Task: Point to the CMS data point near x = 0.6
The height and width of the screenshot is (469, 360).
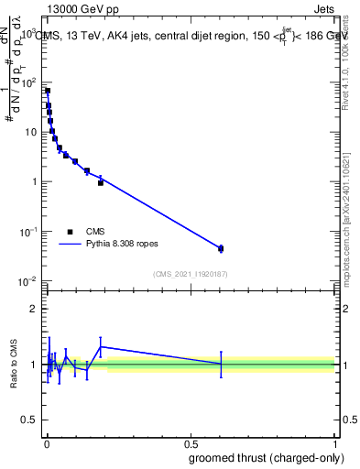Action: point(221,248)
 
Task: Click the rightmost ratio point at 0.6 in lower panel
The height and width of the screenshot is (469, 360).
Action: point(221,364)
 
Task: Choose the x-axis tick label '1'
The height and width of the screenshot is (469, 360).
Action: point(336,444)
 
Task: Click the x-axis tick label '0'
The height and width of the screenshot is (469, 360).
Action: point(46,444)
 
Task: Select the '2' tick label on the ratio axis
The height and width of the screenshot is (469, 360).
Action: point(34,309)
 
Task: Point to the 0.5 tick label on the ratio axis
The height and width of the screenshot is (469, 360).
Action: point(28,421)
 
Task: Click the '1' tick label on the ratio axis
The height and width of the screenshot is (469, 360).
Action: point(34,365)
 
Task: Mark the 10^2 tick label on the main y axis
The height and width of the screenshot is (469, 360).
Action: point(29,82)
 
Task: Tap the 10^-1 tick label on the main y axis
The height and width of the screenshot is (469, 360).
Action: point(27,232)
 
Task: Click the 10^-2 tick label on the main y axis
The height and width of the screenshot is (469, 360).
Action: point(27,281)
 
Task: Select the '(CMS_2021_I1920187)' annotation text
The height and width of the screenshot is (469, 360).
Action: point(190,273)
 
